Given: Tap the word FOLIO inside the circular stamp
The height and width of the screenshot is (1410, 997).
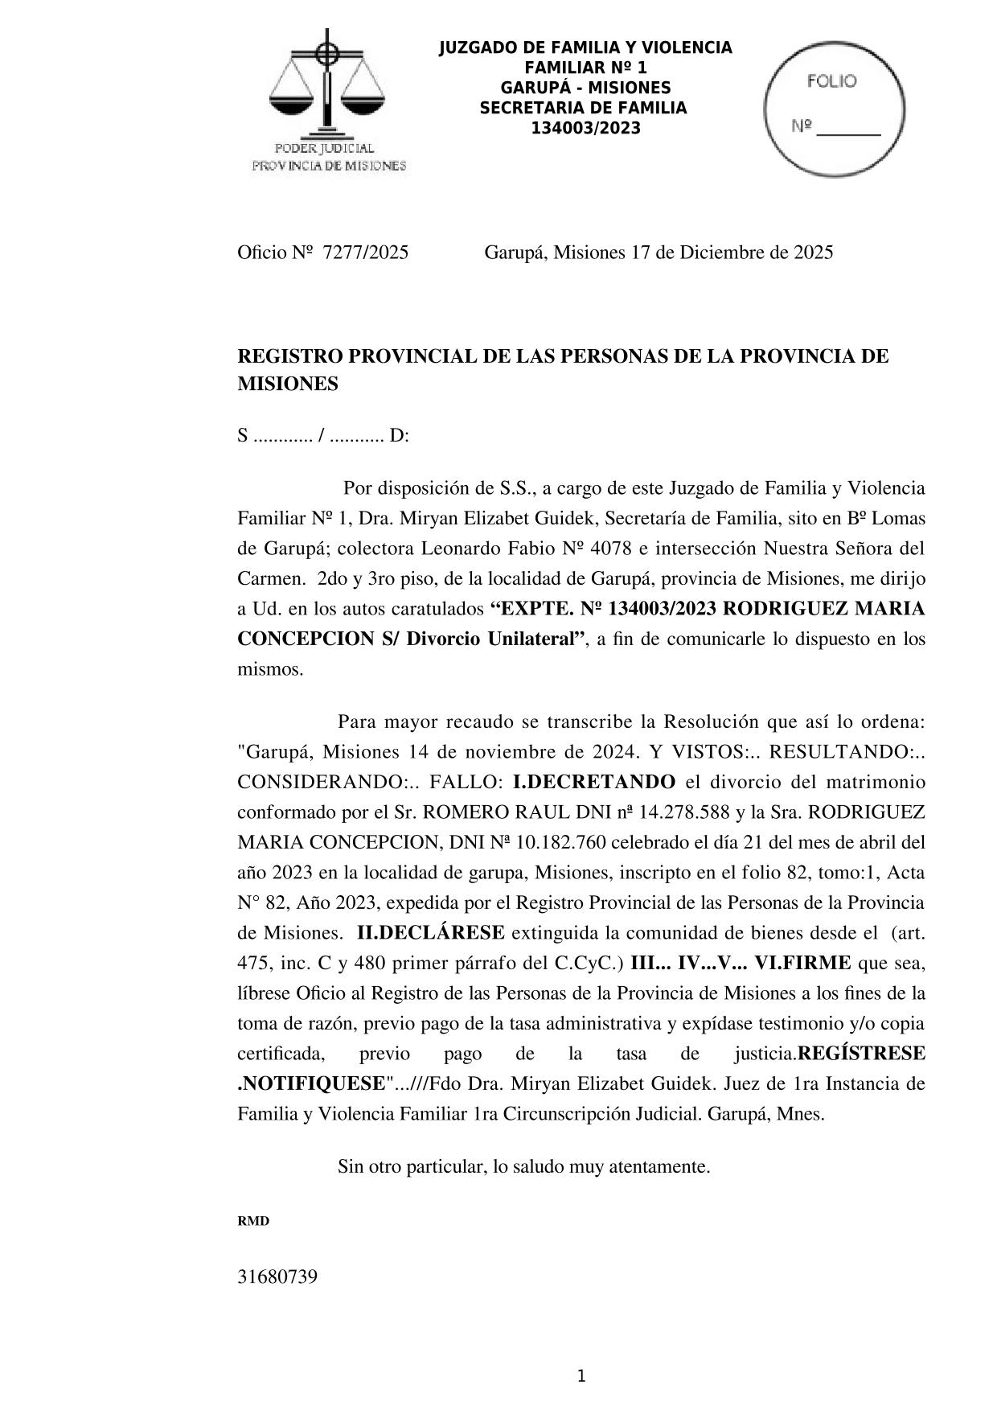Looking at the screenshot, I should point(831,81).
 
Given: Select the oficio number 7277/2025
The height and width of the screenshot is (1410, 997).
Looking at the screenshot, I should point(365,253).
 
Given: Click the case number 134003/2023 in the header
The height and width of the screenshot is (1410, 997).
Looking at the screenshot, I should point(586,128).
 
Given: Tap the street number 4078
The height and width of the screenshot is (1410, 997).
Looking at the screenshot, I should point(611,549).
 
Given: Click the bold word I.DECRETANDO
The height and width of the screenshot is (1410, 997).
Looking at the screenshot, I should point(594,782).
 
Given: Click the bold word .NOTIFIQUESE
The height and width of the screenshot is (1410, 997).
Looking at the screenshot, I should point(311,1083).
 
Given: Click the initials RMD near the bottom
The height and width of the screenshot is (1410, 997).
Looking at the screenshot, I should point(253,1221).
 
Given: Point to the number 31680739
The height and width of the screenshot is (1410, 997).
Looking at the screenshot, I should point(277,1276).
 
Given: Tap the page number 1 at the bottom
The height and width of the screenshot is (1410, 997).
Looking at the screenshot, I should point(581,1376).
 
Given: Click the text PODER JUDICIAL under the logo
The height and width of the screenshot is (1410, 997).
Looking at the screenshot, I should point(325,149).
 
